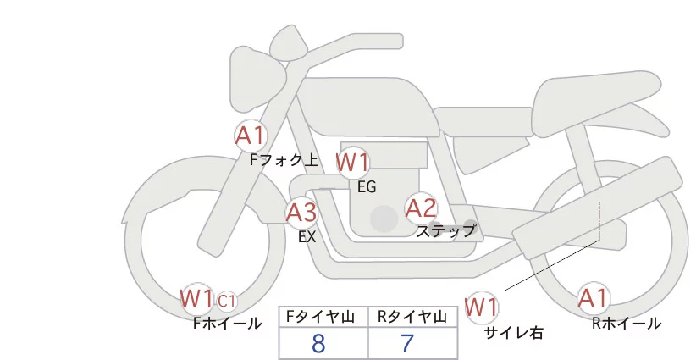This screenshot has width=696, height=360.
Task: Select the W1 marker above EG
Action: coord(352,162)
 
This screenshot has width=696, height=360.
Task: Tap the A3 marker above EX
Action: coord(301,212)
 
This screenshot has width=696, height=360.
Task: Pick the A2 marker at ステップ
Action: coord(421,208)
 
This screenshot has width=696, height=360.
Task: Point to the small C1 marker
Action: coord(226,300)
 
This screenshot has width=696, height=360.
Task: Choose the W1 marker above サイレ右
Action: coord(483,306)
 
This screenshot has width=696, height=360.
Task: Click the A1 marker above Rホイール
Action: coord(593,298)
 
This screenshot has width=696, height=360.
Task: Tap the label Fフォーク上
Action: coord(284,157)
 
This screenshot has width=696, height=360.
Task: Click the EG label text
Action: coord(367,186)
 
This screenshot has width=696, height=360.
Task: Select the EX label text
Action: coord(307,237)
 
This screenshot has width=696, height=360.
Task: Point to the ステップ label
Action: coord(446,230)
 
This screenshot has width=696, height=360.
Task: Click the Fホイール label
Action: coord(227,323)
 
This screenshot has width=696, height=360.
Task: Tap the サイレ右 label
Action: coord(513,333)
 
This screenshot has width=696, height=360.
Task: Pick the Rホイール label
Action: coord(627,323)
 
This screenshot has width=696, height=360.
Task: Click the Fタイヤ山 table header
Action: coord(323,316)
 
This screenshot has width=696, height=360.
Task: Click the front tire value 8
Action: coord(318,344)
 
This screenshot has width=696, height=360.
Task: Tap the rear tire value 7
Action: coord(407,344)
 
